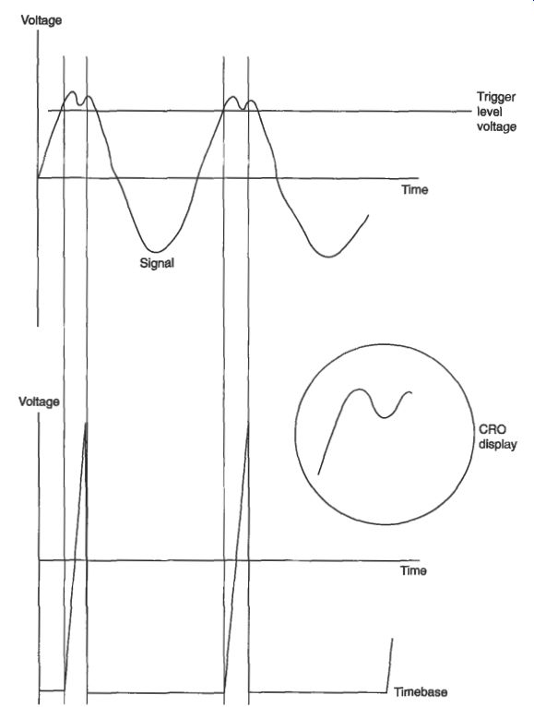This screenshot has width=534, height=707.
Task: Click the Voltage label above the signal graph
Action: pyautogui.click(x=41, y=20)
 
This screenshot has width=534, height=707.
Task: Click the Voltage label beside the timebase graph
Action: pyautogui.click(x=39, y=401)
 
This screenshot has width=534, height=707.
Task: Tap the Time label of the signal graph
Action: pyautogui.click(x=415, y=189)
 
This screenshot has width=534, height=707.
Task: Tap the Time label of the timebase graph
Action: pyautogui.click(x=413, y=570)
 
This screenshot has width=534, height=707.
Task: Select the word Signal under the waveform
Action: pyautogui.click(x=157, y=263)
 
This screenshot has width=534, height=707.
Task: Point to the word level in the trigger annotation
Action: pyautogui.click(x=490, y=112)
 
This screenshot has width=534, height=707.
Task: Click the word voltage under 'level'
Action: pyautogui.click(x=496, y=126)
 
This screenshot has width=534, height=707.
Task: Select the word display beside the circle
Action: pyautogui.click(x=497, y=444)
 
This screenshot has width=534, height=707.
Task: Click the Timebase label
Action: pyautogui.click(x=421, y=691)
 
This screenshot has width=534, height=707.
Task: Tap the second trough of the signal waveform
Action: pyautogui.click(x=329, y=257)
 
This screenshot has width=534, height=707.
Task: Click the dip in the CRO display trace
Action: pyautogui.click(x=384, y=417)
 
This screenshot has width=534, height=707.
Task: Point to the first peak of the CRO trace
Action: pyautogui.click(x=358, y=389)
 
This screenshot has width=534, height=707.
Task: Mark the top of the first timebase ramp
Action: pyautogui.click(x=86, y=423)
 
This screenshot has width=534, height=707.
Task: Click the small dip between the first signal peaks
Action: pyautogui.click(x=80, y=104)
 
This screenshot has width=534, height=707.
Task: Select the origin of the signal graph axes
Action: pyautogui.click(x=39, y=178)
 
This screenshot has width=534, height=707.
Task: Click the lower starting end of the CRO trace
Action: pyautogui.click(x=318, y=473)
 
